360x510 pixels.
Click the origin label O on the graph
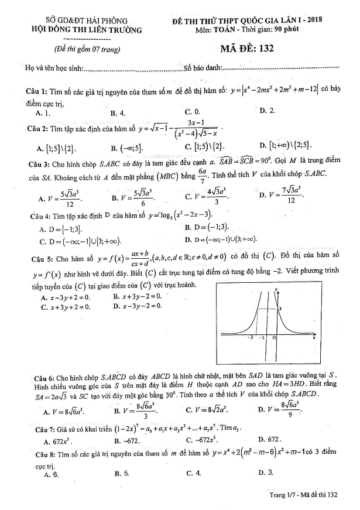pyautogui.click(x=273, y=338)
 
